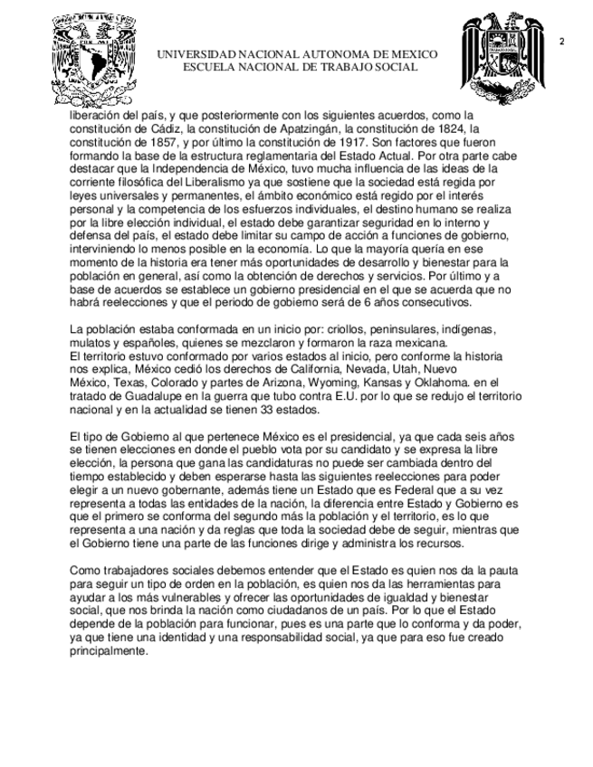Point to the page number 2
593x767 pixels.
562,42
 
